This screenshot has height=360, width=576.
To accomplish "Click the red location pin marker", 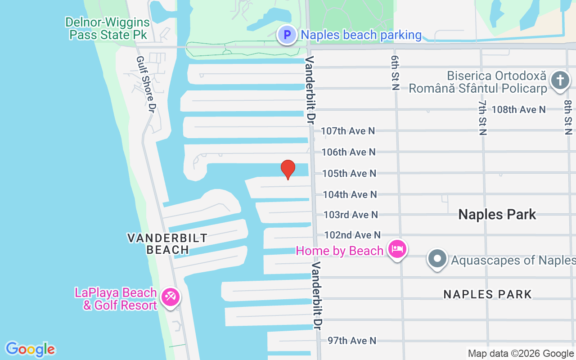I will coord(288,169).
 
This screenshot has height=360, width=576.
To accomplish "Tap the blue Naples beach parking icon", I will coord(287,35).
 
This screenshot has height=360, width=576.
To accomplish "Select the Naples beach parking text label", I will coord(361,35).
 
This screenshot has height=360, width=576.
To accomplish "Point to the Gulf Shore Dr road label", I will coord(146,85).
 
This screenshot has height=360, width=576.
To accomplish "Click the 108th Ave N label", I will coord(518,109).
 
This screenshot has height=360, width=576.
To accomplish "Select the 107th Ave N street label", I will coord(348,131).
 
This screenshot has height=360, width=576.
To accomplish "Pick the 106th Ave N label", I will coord(348,152).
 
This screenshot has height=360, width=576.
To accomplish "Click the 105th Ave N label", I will coord(349,173).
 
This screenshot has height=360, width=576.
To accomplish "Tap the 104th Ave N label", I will coord(350,194).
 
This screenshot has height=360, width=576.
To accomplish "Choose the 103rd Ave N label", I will coord(351,215).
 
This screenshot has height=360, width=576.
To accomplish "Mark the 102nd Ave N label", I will coord(352,235).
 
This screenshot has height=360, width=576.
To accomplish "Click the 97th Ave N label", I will coord(351,341).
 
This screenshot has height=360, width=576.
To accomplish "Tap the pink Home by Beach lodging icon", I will coord(397,249).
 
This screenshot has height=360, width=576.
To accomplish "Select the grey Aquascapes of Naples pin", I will coord(437,259).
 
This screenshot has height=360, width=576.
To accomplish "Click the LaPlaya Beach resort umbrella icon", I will coord(171,297).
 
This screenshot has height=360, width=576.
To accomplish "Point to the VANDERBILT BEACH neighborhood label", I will coord(167,243).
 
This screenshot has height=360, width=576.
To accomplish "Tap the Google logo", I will coord(30,349).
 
